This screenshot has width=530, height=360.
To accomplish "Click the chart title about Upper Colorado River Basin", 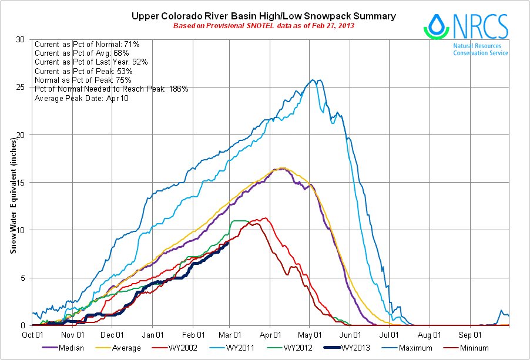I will [263, 16].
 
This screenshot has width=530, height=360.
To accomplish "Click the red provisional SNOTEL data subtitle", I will [263, 27].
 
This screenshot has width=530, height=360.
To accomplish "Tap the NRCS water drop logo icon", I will [435, 26].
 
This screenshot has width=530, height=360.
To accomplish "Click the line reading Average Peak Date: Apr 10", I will [82, 98].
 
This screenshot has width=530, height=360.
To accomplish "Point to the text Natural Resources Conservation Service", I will [481, 49].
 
